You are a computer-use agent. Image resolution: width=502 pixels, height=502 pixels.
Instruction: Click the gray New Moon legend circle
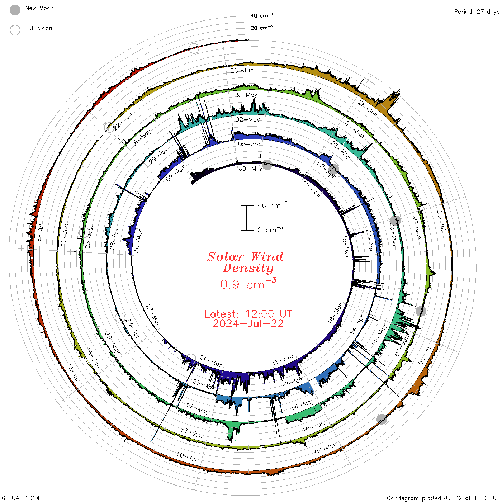point(15,10)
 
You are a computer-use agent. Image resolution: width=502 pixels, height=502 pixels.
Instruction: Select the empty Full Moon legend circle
point(15,30)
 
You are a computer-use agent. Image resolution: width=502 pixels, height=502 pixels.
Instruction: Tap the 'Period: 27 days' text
point(477,12)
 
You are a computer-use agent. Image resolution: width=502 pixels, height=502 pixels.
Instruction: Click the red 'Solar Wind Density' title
point(245,262)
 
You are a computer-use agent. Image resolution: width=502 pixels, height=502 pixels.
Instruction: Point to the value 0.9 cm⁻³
point(248,284)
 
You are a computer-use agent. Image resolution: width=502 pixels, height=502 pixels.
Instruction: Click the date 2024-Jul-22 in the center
point(248,323)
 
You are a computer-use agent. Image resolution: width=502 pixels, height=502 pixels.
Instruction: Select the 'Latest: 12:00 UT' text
point(248,314)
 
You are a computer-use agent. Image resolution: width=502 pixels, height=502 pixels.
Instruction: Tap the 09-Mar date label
point(250,169)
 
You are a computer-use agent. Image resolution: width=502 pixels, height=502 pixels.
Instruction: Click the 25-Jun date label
point(242,70)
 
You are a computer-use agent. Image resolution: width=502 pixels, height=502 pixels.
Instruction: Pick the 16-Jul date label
point(39,234)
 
